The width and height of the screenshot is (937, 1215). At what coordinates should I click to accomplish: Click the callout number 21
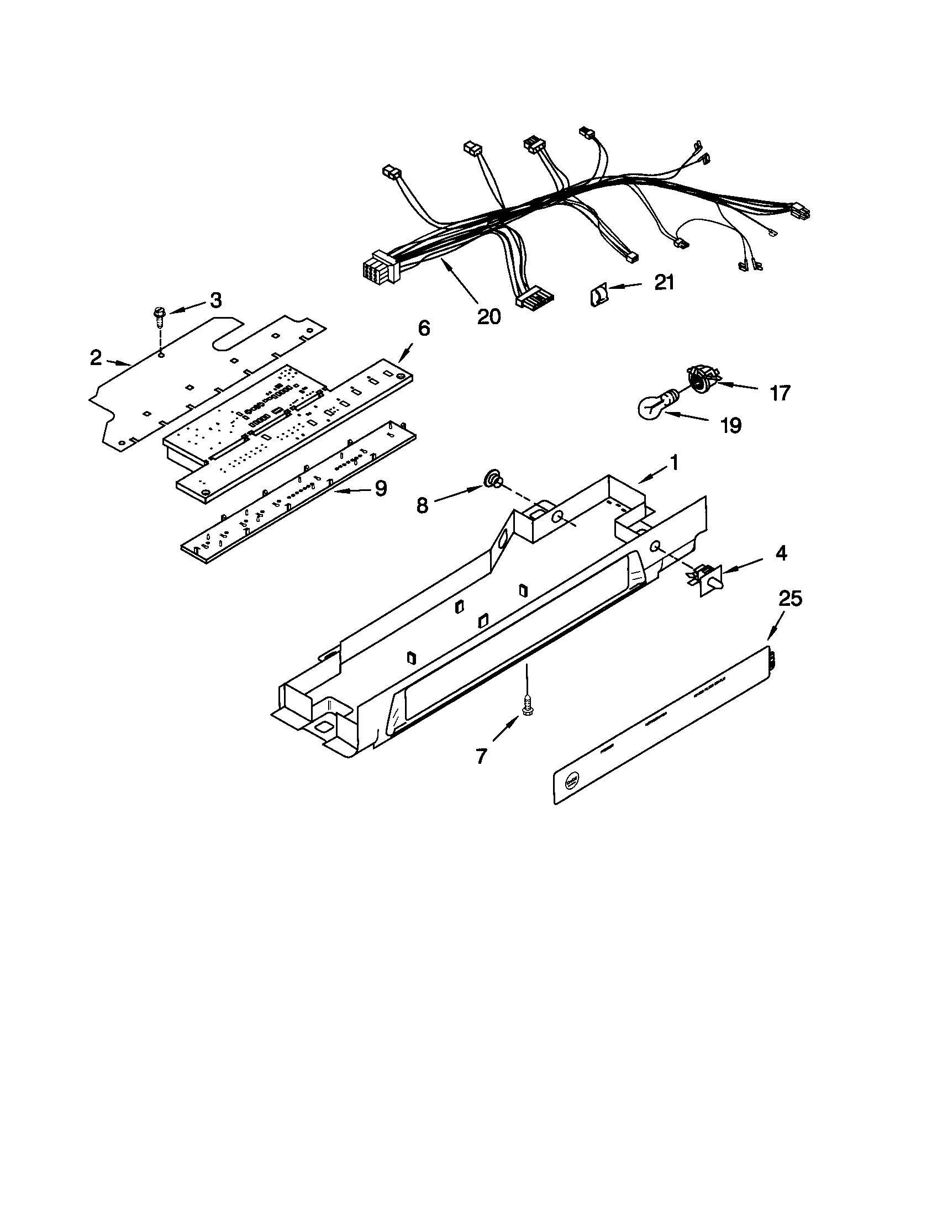pos(664,283)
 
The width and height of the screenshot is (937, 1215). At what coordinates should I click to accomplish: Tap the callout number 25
pos(790,599)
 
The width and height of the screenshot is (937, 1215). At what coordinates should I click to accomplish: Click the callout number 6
pos(423,329)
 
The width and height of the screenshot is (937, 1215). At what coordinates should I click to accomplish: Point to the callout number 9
pos(380,488)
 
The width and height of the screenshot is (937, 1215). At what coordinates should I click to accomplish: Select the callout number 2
pos(96,358)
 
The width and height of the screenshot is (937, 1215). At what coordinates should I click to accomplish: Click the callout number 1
pos(673,462)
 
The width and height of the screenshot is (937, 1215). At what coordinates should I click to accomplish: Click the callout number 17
pos(780,393)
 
